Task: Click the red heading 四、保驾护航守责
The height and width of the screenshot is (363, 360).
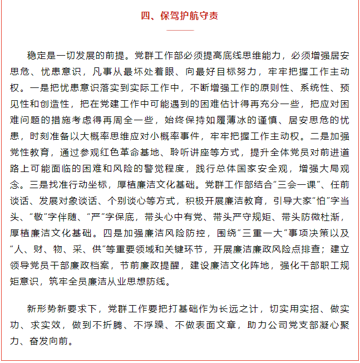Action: tap(180, 16)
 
